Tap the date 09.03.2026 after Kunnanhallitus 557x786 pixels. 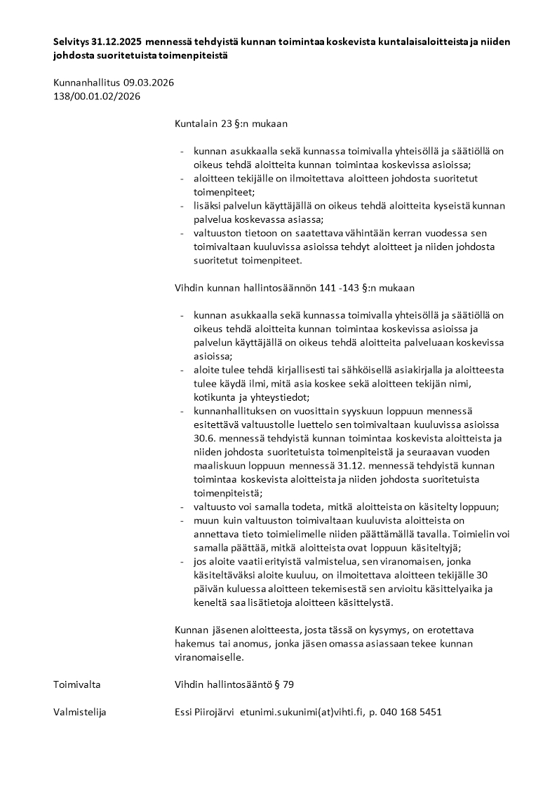tap(148, 83)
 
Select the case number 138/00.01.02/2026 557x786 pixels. tap(97, 97)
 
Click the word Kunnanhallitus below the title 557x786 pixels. tap(87, 83)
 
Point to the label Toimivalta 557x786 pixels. tap(76, 684)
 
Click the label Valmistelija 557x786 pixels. tap(80, 712)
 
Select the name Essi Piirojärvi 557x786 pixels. tap(205, 712)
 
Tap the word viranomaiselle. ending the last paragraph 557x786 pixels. tap(208, 658)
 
